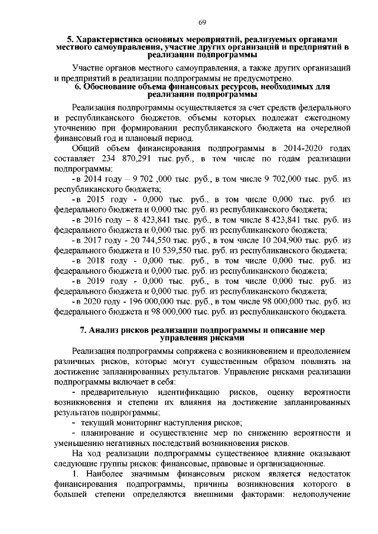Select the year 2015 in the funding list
(93, 200)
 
